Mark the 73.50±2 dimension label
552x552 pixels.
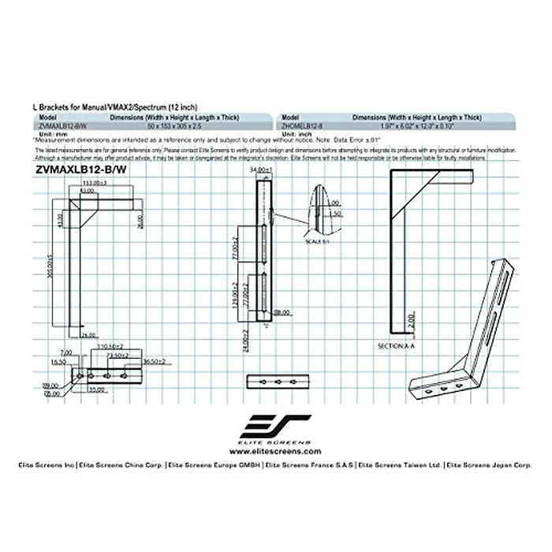point(120,355)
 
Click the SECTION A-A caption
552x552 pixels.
point(399,346)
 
